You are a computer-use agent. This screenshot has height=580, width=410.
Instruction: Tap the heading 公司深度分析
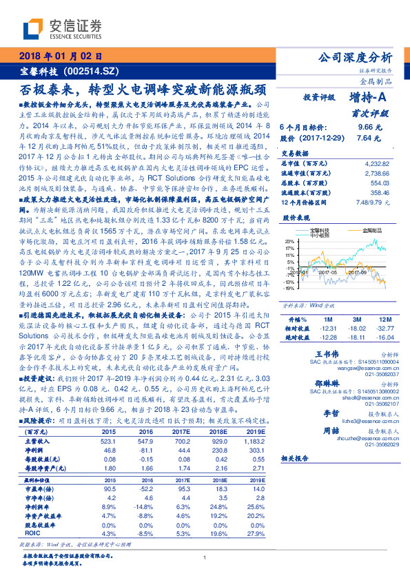[x=355, y=57]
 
